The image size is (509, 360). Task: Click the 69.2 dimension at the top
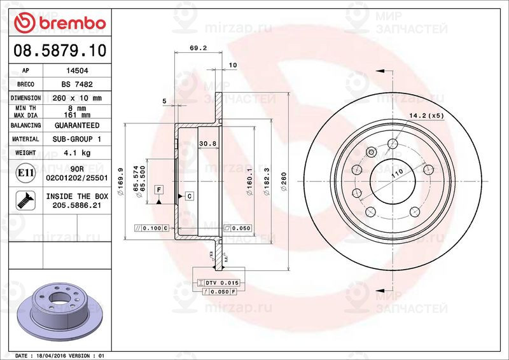pyautogui.click(x=199, y=48)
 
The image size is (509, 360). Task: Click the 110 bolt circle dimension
pyautogui.click(x=398, y=173)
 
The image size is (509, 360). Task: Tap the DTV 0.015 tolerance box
pyautogui.click(x=219, y=282)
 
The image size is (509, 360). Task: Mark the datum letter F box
pyautogui.click(x=158, y=189)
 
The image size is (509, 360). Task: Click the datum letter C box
pyautogui.click(x=190, y=197)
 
